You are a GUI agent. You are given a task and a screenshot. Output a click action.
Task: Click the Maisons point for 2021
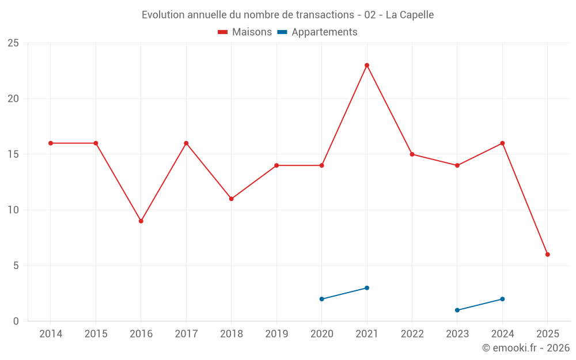[367, 65]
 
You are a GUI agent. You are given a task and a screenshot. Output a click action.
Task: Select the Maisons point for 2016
[141, 221]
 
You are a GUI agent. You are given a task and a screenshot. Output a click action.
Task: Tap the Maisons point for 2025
[548, 255]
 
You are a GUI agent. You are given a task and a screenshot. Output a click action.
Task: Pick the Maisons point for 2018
[231, 199]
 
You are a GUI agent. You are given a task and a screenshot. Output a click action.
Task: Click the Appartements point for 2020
[321, 299]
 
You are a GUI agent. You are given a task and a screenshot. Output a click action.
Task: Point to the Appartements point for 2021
[367, 288]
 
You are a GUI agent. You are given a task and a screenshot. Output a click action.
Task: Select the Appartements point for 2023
[457, 310]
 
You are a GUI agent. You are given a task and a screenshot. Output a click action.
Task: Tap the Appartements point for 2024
[502, 299]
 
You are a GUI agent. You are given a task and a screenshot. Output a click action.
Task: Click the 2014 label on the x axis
[51, 334]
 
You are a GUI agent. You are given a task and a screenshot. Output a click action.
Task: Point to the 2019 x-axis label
[276, 334]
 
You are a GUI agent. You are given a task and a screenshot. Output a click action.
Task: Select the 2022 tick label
[412, 334]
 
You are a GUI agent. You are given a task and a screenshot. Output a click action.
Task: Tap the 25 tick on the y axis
[13, 43]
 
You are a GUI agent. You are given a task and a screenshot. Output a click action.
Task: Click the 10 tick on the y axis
[13, 210]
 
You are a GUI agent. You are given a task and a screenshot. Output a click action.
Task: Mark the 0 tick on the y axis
[16, 321]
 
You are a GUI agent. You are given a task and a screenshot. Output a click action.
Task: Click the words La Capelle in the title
[410, 14]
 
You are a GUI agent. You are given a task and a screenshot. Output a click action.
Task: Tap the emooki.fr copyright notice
[526, 348]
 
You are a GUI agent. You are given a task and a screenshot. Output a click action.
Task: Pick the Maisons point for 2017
[186, 143]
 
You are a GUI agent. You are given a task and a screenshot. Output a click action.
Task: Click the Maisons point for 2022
[412, 154]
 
